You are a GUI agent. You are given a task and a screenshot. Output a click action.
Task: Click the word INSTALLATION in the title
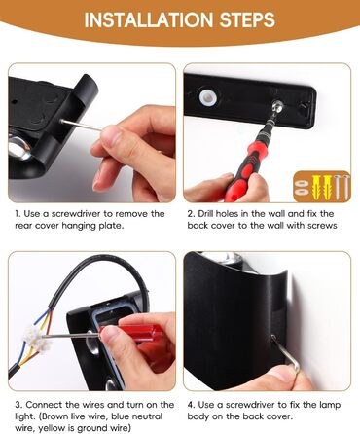tap(149, 19)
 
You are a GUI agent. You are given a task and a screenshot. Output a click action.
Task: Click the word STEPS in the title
tap(247, 19)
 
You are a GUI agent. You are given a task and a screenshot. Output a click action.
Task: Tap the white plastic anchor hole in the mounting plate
tap(206, 97)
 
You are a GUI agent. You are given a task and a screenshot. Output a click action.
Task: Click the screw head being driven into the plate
tap(276, 106)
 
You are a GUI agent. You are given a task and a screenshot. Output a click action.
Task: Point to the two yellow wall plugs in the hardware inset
tap(317, 187)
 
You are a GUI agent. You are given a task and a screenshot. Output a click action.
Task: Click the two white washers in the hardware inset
tap(301, 187)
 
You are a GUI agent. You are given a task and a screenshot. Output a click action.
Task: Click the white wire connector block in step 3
tap(37, 339)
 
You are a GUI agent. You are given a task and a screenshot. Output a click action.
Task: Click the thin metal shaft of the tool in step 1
tap(81, 126)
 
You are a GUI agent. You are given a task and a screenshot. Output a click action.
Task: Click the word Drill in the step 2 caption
tap(205, 214)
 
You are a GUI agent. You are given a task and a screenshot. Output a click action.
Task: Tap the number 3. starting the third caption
tap(18, 405)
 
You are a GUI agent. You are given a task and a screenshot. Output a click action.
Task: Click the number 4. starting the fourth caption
tap(191, 405)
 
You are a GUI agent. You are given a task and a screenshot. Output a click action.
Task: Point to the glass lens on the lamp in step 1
tap(18, 147)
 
